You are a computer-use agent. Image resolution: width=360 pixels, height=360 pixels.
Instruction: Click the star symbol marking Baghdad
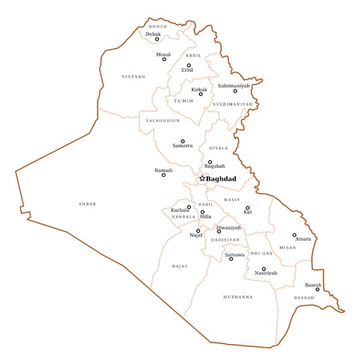[202, 178]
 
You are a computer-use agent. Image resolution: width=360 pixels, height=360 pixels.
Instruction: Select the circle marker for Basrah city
[318, 290]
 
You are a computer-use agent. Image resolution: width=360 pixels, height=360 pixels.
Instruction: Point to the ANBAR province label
[86, 204]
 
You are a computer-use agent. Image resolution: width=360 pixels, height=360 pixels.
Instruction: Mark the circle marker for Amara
[294, 235]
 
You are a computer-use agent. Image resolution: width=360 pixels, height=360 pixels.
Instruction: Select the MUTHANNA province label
[238, 297]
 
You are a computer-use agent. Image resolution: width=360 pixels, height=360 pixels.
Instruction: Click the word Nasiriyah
[266, 274]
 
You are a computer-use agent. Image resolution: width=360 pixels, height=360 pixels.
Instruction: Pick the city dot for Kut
[247, 208]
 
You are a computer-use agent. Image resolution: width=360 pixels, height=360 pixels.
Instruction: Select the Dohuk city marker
[157, 39]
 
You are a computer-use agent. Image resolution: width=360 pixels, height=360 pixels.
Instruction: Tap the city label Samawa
[234, 254]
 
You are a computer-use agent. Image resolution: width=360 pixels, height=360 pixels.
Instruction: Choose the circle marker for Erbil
[189, 66]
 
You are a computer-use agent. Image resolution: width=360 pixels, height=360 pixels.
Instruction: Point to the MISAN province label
[288, 248]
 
